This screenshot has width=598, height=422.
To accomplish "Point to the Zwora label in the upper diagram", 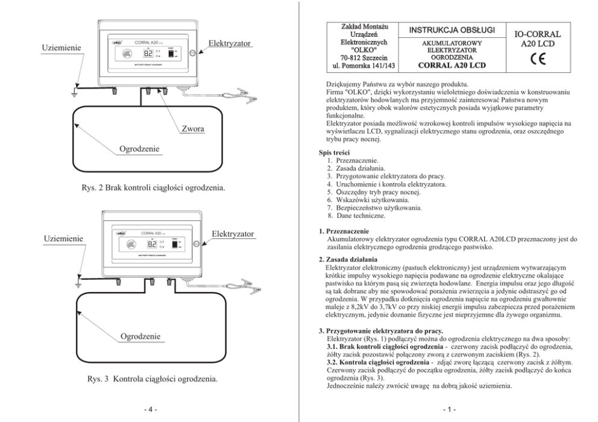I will (x=194, y=128).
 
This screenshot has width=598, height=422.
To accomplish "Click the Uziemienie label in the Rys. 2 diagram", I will (x=62, y=47).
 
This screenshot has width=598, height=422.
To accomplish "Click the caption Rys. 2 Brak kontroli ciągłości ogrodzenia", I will (x=153, y=189).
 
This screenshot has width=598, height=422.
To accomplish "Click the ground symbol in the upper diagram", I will (x=73, y=93).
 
